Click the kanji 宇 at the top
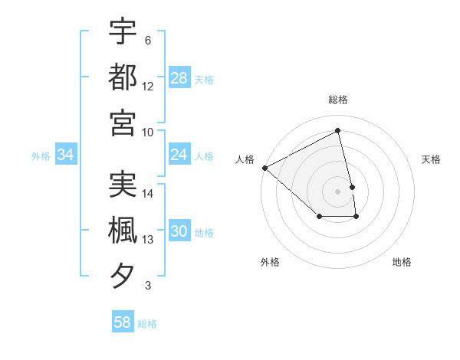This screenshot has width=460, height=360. coord(123,31)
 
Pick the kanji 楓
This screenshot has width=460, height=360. coord(123,231)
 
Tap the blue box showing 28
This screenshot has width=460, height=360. coord(179,77)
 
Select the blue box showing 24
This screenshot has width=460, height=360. coord(179,155)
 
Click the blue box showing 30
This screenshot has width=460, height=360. coord(179,232)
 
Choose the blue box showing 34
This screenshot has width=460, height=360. coord(66,155)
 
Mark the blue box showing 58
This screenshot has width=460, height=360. coord(123,322)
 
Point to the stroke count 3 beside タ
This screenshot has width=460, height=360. coord(148,286)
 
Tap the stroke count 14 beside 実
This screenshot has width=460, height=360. coord(148,195)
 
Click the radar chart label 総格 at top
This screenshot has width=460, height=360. coord(338,100)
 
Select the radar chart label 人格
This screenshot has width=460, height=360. coord(245,159)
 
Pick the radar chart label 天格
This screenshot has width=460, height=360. coord(431,159)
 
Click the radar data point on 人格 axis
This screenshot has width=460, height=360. coord(264,168)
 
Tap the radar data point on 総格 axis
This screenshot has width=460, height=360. coord(338,131)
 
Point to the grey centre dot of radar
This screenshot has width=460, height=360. coord(338,191)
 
